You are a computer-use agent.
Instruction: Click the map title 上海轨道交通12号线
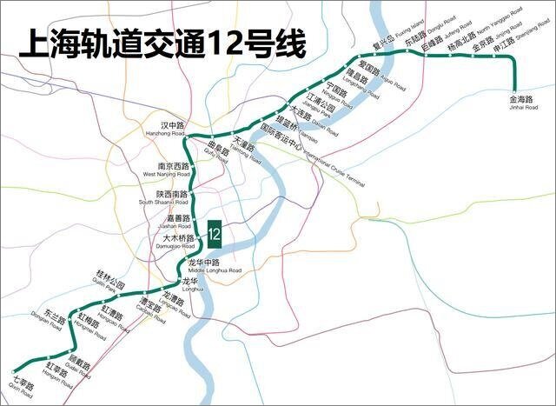[x=162, y=43]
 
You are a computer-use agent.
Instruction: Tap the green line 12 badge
[x=214, y=233]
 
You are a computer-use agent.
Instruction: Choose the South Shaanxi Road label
[x=164, y=198]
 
